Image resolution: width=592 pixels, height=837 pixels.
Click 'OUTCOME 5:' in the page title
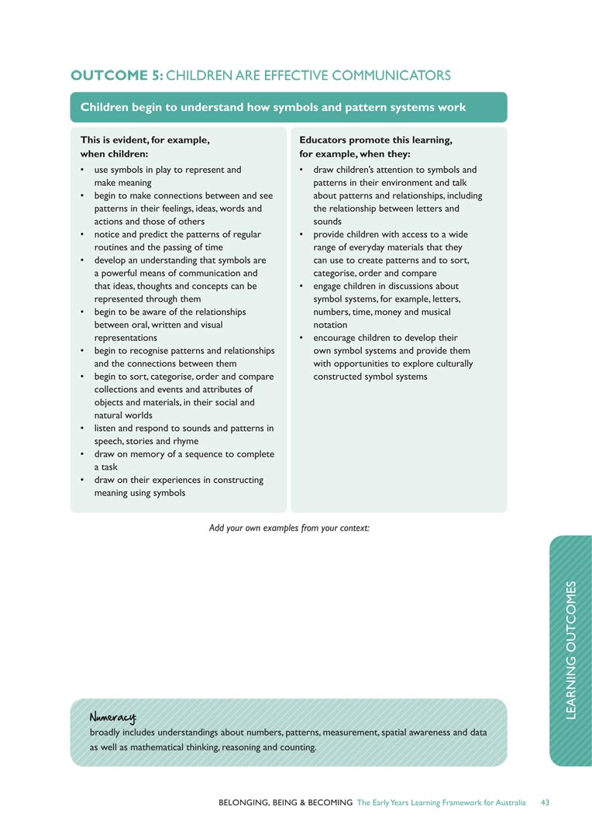tap(116, 75)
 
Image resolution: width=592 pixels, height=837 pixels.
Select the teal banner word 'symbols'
tap(295, 108)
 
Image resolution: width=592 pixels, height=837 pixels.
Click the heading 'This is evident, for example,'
tap(145, 140)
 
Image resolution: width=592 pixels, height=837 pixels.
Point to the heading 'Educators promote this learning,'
tap(375, 140)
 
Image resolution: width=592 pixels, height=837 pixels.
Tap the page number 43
tap(545, 802)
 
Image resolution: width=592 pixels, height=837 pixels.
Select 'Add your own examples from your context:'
tap(289, 528)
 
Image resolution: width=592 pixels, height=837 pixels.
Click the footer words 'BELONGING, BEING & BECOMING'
tap(285, 802)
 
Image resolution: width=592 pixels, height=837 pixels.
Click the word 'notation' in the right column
tap(330, 325)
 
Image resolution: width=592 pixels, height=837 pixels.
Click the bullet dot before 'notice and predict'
tap(83, 234)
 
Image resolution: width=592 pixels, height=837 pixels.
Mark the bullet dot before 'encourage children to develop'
tap(301, 338)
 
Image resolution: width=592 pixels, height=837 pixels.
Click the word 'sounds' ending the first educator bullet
tap(327, 221)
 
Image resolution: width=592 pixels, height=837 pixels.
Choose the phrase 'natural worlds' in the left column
tap(124, 415)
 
